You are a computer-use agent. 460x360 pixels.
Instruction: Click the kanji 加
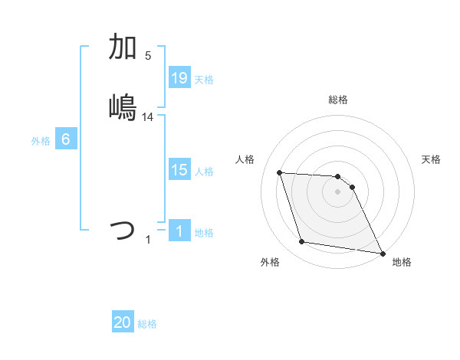123,47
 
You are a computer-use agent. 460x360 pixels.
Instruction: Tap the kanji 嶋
123,106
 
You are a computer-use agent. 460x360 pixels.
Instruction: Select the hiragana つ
123,229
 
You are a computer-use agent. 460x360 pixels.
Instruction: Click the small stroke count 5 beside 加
148,55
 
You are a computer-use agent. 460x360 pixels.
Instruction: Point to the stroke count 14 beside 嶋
148,116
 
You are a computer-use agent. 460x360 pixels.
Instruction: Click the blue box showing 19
179,77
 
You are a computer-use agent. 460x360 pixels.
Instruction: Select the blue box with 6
66,139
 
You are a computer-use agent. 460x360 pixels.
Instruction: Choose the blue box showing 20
123,322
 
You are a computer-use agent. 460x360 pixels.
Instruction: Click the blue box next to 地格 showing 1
179,231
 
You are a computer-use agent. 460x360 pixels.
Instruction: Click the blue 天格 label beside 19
204,79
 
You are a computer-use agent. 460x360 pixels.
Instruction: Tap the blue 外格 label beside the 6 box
41,140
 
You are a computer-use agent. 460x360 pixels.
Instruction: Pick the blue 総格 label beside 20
147,324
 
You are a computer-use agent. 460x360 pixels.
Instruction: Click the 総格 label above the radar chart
338,100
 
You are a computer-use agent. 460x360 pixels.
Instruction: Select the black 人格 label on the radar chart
245,159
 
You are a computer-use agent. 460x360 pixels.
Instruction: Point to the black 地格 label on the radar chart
402,262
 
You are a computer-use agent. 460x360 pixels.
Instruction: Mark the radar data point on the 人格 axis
280,172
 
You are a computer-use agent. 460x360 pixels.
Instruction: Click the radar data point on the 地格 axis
382,252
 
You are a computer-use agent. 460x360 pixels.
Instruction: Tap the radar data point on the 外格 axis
302,242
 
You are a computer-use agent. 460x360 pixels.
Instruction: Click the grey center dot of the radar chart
338,191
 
